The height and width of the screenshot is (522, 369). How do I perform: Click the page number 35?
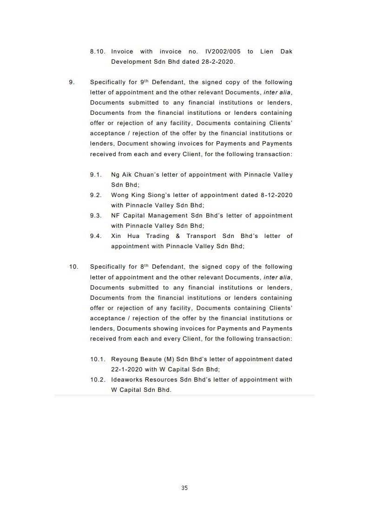click(x=184, y=488)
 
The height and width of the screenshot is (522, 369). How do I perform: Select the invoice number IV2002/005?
click(x=218, y=52)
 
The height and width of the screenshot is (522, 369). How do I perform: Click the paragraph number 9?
click(x=72, y=82)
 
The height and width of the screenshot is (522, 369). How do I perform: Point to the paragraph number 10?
click(x=73, y=267)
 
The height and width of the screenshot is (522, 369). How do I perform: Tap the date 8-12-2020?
click(x=275, y=195)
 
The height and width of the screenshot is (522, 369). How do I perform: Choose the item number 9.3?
click(x=96, y=216)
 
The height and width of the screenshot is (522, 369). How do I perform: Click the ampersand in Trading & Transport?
click(x=178, y=236)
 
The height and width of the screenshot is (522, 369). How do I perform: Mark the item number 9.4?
click(x=96, y=236)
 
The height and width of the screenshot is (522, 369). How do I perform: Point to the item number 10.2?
click(x=98, y=380)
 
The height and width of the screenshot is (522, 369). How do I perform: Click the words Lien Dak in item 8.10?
click(x=278, y=52)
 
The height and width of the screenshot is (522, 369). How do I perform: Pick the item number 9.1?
click(x=96, y=175)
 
